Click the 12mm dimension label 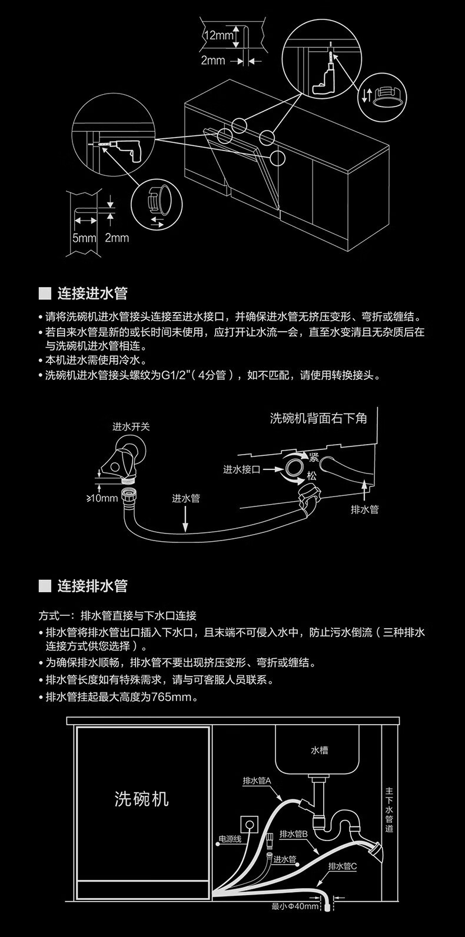218,35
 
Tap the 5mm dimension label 84,238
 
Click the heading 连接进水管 92,293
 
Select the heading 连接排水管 92,586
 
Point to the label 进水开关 131,426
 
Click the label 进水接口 241,469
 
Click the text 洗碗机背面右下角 318,418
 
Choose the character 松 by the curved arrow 311,475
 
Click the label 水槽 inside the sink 320,750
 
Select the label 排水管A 256,781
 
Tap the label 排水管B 294,833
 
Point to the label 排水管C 343,866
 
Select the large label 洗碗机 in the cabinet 141,798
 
